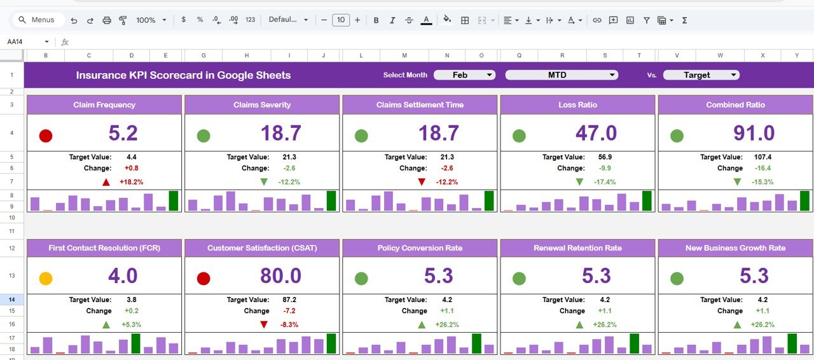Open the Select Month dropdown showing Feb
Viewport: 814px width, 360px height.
464,75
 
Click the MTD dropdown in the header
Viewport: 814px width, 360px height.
562,75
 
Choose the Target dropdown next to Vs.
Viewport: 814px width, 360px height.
701,75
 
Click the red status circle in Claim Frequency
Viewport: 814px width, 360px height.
46,135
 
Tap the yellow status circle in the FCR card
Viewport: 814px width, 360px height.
46,279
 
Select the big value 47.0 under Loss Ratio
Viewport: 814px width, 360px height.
596,133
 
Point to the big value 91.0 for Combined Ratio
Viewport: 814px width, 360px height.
754,133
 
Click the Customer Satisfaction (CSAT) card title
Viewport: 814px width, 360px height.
262,248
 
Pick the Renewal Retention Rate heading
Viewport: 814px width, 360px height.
577,248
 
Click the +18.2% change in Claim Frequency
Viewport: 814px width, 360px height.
131,182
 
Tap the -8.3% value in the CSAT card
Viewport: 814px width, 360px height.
289,324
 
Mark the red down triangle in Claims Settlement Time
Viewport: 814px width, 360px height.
422,182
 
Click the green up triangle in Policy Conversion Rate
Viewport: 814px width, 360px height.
422,324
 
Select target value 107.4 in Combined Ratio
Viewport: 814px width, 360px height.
761,157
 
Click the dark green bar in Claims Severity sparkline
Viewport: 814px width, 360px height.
331,201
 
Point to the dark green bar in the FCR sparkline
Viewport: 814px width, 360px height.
135,344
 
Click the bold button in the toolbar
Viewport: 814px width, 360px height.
376,20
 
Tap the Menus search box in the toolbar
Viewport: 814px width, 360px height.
39,20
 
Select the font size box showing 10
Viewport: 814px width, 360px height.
341,20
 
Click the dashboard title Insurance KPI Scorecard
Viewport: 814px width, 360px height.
183,75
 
